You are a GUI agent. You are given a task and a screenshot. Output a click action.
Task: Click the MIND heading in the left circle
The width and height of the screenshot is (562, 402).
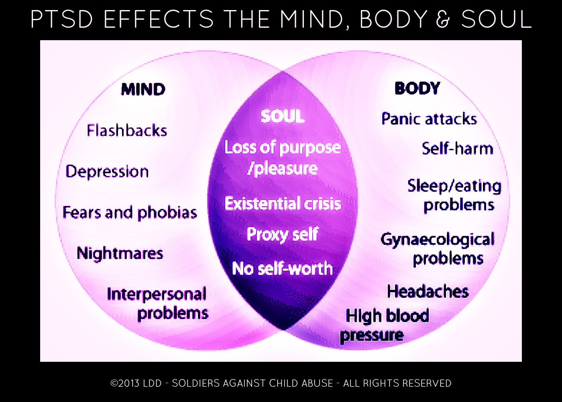click(x=143, y=89)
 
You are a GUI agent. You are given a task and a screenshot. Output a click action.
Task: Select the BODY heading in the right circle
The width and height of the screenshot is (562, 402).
click(x=417, y=88)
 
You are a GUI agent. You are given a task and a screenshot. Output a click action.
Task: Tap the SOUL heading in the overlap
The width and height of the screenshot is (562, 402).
click(x=283, y=116)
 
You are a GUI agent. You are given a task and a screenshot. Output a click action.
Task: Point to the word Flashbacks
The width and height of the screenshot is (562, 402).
click(x=127, y=131)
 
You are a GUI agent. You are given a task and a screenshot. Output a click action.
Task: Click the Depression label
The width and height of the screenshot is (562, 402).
click(x=107, y=172)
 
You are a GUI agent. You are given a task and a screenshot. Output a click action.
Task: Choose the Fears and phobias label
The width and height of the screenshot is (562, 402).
click(x=130, y=212)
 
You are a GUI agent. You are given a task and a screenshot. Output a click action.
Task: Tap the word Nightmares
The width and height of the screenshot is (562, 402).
click(x=120, y=253)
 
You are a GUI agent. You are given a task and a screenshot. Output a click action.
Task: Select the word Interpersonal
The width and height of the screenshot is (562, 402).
click(x=157, y=294)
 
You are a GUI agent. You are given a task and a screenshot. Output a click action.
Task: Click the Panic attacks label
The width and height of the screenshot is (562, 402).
click(x=429, y=119)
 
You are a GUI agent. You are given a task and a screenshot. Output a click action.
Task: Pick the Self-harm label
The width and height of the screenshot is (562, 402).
click(x=457, y=149)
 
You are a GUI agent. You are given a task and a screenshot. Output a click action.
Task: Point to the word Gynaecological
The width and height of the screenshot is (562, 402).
click(x=438, y=240)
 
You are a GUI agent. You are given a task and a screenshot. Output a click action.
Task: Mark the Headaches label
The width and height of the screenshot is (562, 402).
click(x=428, y=291)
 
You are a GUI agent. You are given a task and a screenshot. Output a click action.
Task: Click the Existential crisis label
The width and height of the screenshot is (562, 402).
click(x=283, y=203)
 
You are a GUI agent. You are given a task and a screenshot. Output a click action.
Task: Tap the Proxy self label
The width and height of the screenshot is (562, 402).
click(x=283, y=234)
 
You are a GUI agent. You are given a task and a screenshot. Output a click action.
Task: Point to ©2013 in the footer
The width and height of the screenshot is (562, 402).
click(x=125, y=383)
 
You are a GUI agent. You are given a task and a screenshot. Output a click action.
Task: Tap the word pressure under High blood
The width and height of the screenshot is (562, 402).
click(x=372, y=335)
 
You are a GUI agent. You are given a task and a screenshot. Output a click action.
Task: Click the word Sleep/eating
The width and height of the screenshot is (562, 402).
click(x=454, y=186)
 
